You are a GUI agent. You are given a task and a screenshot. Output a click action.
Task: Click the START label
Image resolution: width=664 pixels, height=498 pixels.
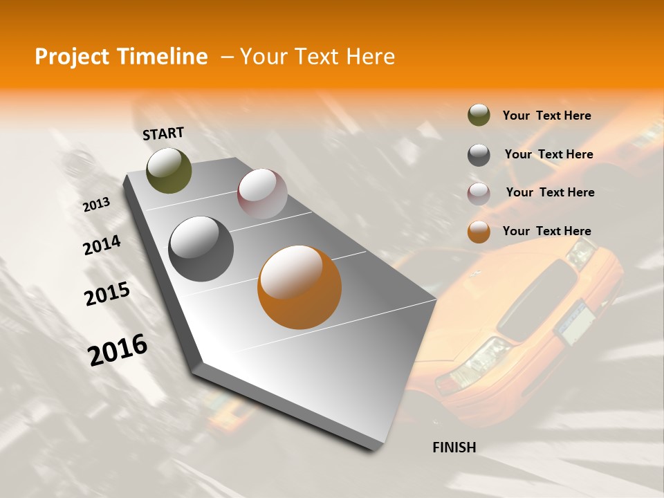coord(163,133)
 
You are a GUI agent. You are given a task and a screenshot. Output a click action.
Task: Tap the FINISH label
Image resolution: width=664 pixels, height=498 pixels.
coord(454,448)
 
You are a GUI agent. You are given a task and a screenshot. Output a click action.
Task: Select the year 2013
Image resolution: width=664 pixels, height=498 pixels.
coord(96,204)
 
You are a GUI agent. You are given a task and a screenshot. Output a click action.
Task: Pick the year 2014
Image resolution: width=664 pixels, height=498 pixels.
coord(102,246)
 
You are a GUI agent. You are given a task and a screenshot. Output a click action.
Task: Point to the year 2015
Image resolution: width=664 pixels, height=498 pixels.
coord(107,294)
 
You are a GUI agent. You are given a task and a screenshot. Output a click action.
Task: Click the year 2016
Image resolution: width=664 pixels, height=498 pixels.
coord(118,350)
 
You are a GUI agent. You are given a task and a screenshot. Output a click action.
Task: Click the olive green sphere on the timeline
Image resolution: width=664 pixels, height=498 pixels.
coord(169,170)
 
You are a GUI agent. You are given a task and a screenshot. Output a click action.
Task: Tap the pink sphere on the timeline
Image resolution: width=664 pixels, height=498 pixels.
coord(262,194)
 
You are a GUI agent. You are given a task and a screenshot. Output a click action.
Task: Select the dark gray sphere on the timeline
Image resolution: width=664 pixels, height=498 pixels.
coord(201,249)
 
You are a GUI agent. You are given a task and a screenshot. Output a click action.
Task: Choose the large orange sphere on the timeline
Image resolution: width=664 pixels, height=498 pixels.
coord(299,286)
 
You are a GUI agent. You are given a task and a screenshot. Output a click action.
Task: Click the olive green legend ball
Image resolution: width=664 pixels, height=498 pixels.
coord(479,116)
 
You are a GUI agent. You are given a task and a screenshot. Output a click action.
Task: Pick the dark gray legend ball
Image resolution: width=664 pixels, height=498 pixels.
coord(479,155)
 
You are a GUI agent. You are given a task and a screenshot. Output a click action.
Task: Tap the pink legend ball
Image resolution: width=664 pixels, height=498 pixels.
coord(479,194)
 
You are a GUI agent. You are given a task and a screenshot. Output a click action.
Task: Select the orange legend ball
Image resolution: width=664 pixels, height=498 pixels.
coord(479,232)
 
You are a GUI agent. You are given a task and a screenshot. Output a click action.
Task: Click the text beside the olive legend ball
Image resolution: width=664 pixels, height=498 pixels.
coord(546,116)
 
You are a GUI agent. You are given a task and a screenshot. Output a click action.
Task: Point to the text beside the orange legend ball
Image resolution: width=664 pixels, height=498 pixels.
coord(546,231)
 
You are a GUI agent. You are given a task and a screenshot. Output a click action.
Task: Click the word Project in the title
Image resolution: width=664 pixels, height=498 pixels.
coord(73,57)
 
